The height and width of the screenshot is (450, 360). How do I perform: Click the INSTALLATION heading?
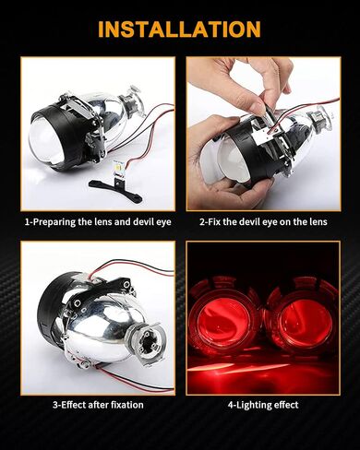click(x=179, y=29)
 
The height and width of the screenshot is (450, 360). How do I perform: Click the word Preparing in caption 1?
click(x=54, y=222)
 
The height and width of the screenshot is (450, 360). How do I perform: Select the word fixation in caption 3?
click(x=126, y=405)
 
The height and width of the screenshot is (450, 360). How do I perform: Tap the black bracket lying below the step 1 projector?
click(x=115, y=190)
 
